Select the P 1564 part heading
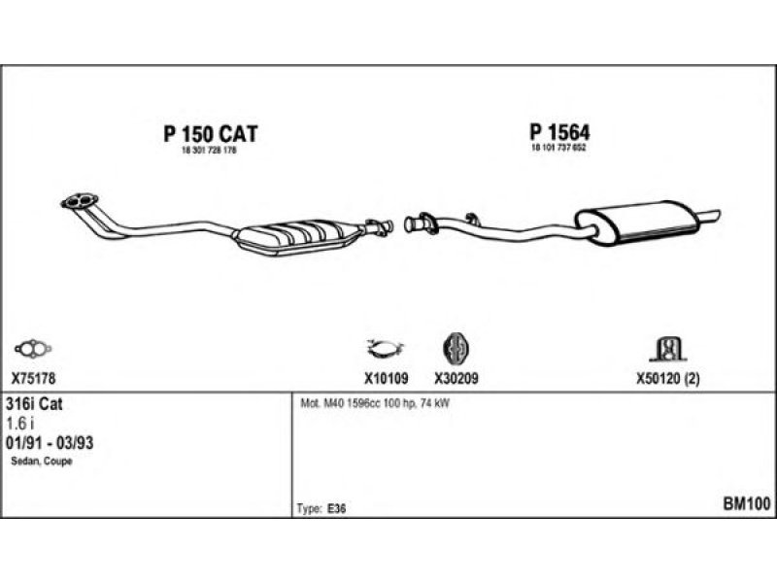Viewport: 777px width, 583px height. pyautogui.click(x=560, y=133)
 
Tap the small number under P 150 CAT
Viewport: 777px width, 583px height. pyautogui.click(x=210, y=153)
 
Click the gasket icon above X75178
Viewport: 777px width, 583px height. pyautogui.click(x=33, y=347)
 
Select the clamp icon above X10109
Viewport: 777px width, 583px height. pyautogui.click(x=386, y=348)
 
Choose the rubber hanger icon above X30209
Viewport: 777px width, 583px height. pyautogui.click(x=456, y=348)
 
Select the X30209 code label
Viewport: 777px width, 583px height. pyautogui.click(x=456, y=379)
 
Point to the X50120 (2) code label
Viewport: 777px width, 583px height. pyautogui.click(x=667, y=379)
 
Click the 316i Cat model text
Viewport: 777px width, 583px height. pyautogui.click(x=35, y=403)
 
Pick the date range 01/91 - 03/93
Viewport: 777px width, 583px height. pyautogui.click(x=55, y=442)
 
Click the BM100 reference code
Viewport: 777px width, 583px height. pyautogui.click(x=746, y=504)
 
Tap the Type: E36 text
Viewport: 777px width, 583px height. pyautogui.click(x=320, y=508)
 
